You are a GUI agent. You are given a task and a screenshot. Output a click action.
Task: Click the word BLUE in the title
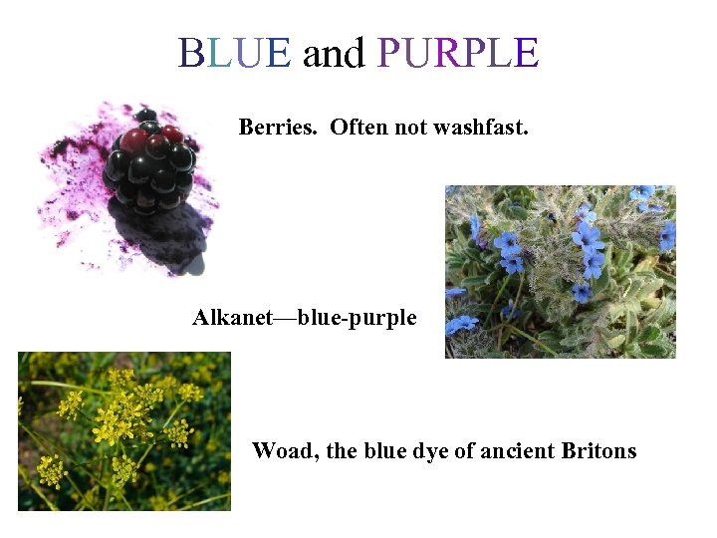pyautogui.click(x=234, y=53)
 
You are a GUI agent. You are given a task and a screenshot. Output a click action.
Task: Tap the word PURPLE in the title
pyautogui.click(x=458, y=53)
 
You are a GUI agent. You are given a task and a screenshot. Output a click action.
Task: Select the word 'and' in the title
pyautogui.click(x=334, y=54)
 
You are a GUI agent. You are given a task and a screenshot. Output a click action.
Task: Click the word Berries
pyautogui.click(x=281, y=128)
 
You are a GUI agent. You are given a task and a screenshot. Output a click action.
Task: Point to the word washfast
pyautogui.click(x=482, y=128)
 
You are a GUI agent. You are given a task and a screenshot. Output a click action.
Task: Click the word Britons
pyautogui.click(x=598, y=451)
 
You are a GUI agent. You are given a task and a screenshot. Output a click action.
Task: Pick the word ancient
pyautogui.click(x=517, y=451)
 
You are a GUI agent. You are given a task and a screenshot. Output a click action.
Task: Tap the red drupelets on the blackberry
pyautogui.click(x=139, y=139)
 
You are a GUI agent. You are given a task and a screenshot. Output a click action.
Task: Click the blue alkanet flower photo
pyautogui.click(x=560, y=271)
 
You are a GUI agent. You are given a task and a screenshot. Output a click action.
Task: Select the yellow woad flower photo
pyautogui.click(x=124, y=430)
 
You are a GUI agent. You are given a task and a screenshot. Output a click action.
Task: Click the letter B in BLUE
pyautogui.click(x=189, y=53)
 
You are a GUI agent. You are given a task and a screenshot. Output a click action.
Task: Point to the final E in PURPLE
pyautogui.click(x=526, y=53)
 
